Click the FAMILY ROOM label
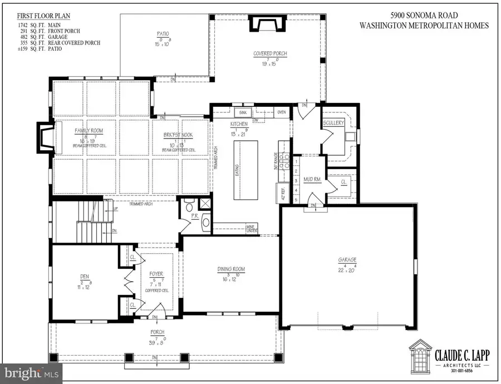tap(89, 131)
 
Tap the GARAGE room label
tap(347, 259)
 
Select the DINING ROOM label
tap(231, 269)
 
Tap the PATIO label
tap(163, 34)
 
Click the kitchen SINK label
tap(243, 112)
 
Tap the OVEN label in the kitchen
tap(282, 112)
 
